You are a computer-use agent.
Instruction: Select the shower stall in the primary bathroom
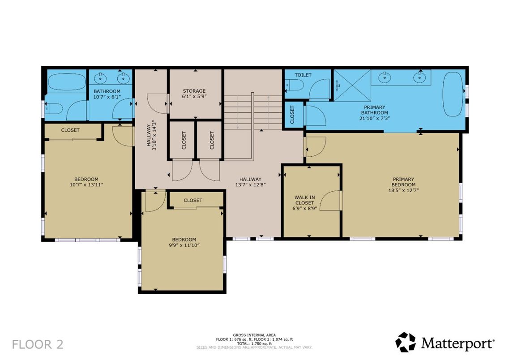[352, 85]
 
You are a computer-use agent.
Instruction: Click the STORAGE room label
[194, 91]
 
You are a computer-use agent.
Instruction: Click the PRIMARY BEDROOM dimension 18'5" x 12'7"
[403, 190]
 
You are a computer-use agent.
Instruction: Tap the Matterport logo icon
[405, 342]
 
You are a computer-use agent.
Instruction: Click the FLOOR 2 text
[38, 344]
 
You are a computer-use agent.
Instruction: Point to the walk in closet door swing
[331, 201]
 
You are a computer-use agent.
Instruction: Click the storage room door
[159, 103]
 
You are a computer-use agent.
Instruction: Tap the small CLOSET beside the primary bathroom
[293, 115]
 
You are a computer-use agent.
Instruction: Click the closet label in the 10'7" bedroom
[70, 130]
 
